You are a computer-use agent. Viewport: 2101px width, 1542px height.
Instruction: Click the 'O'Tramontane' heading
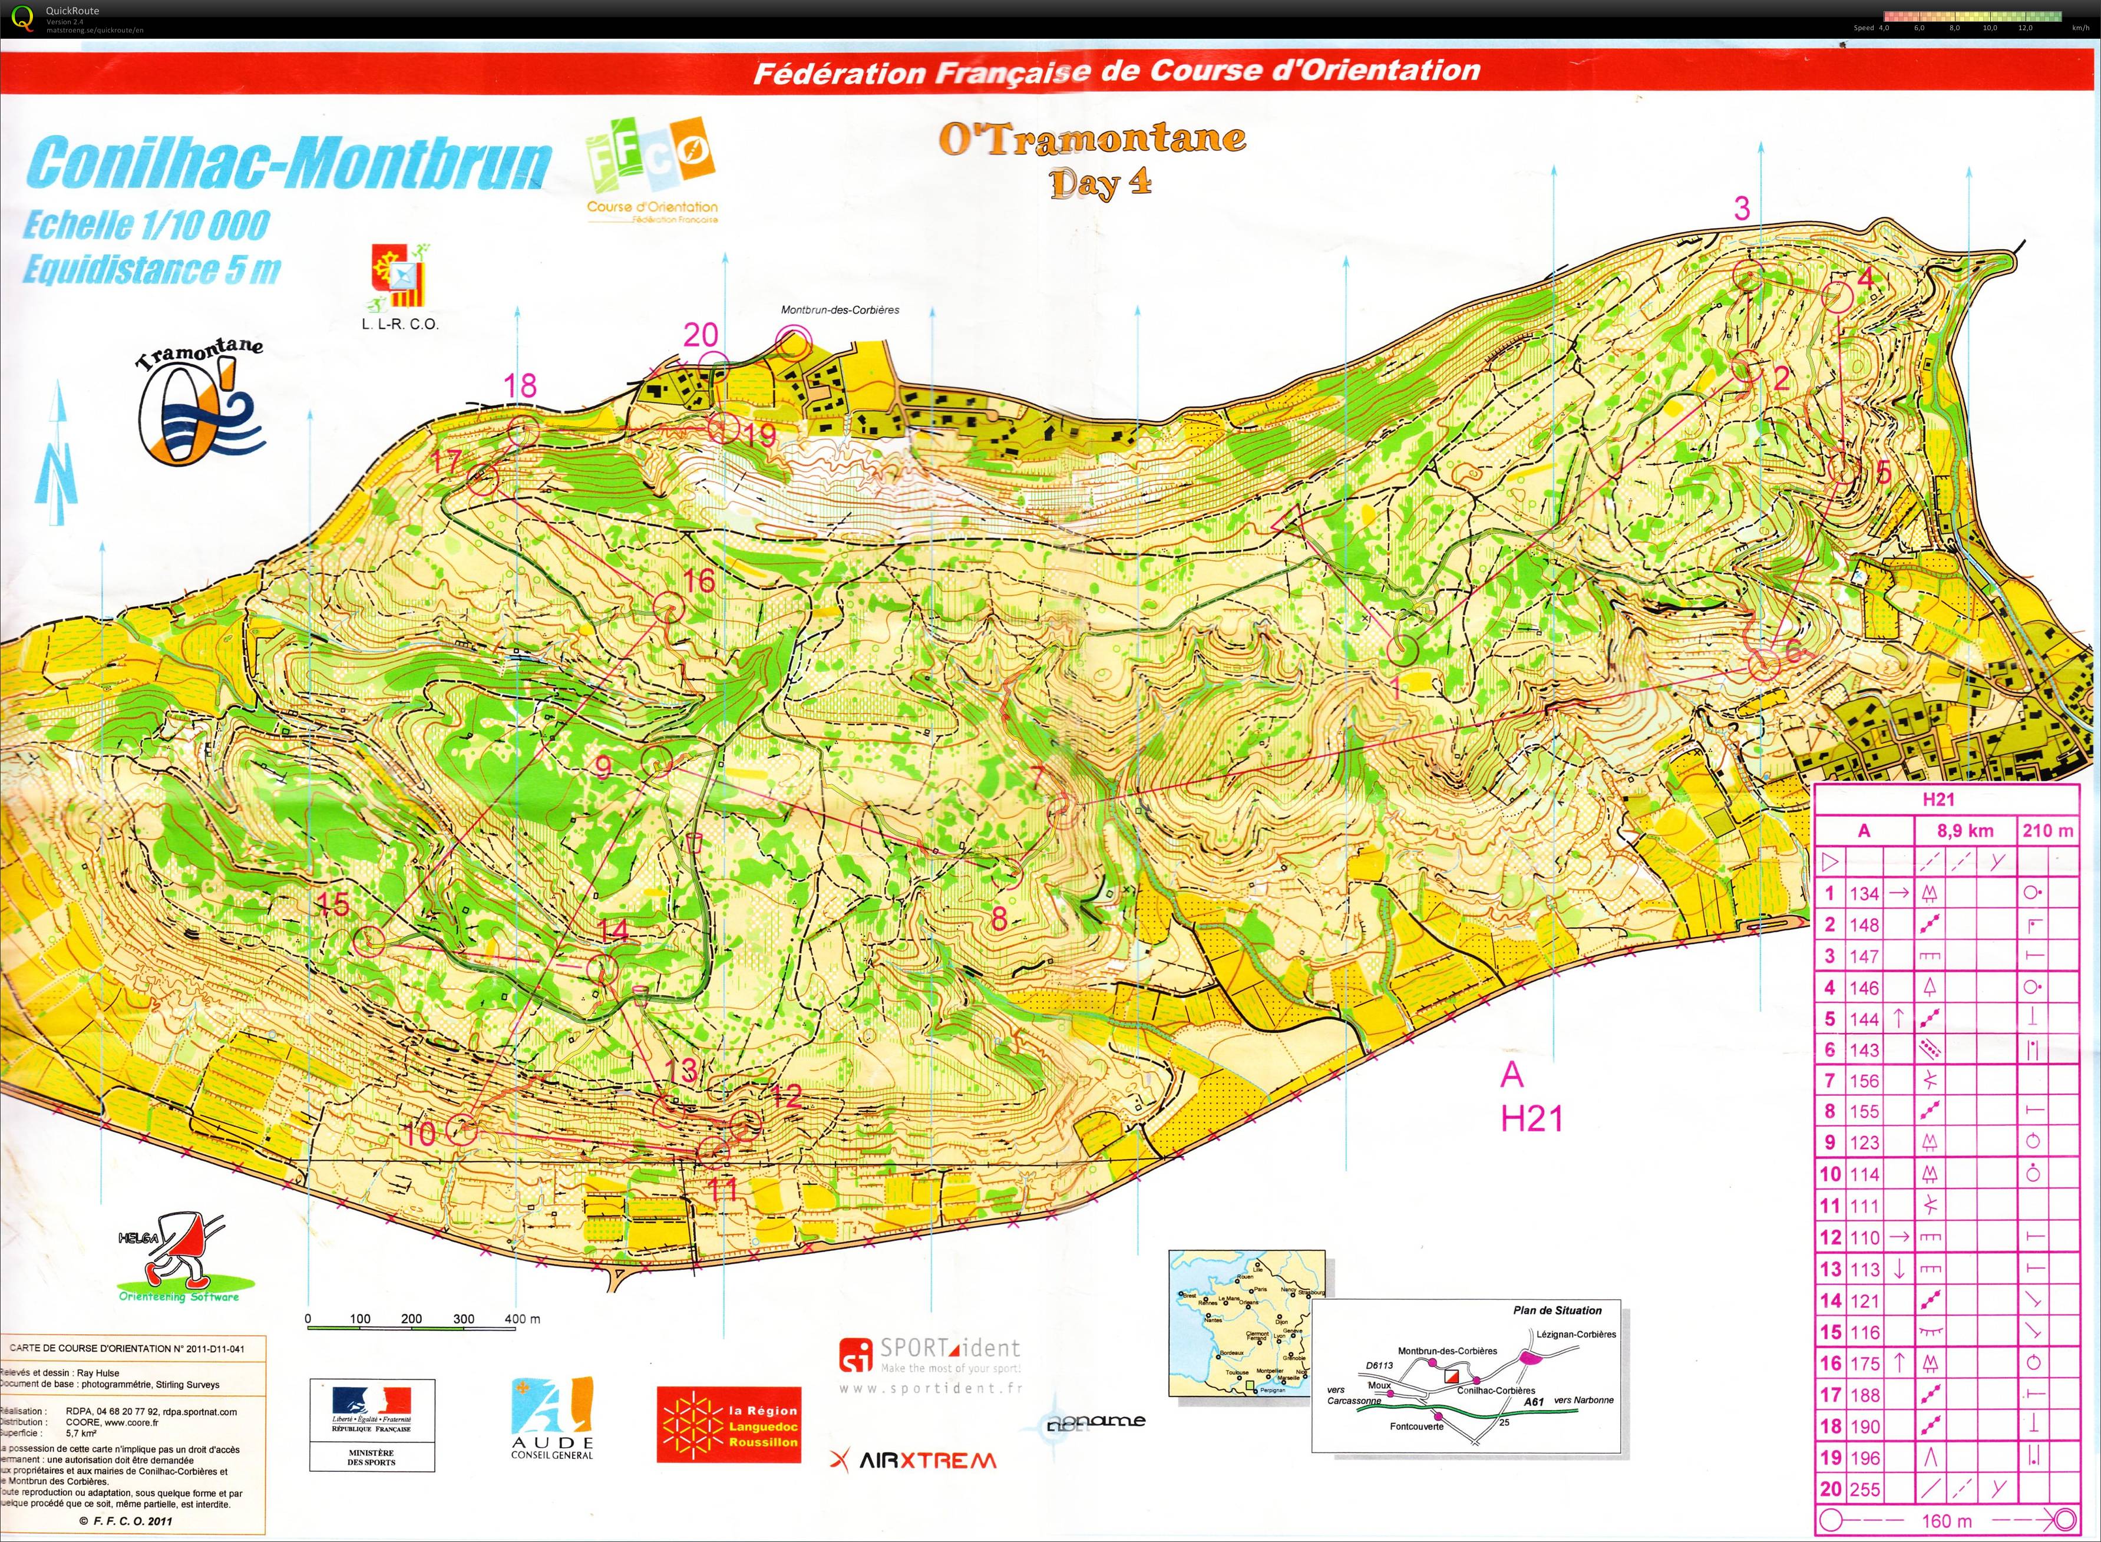pyautogui.click(x=1092, y=139)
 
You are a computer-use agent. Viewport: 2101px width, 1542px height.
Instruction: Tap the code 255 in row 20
pyautogui.click(x=1864, y=1490)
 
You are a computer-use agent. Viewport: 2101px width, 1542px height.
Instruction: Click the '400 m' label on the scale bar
pyautogui.click(x=522, y=1319)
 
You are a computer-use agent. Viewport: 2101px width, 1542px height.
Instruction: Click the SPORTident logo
pyautogui.click(x=930, y=1355)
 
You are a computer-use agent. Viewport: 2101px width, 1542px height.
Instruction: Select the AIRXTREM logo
pyautogui.click(x=913, y=1461)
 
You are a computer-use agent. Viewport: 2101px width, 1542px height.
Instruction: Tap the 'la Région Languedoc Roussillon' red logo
pyautogui.click(x=729, y=1424)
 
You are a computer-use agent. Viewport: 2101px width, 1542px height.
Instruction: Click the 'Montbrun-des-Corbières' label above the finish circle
pyautogui.click(x=840, y=310)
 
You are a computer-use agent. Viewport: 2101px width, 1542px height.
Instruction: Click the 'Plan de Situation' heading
pyautogui.click(x=1557, y=1310)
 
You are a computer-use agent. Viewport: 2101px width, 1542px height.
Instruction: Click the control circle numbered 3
pyautogui.click(x=1748, y=275)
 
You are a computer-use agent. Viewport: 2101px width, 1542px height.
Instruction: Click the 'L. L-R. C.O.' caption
pyautogui.click(x=399, y=325)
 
